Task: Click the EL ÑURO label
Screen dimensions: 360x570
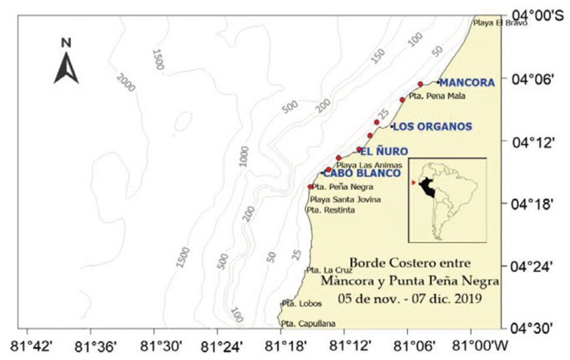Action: pyautogui.click(x=386, y=150)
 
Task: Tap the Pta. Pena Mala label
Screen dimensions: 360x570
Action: pyautogui.click(x=438, y=96)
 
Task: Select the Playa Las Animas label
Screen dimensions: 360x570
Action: pyautogui.click(x=369, y=165)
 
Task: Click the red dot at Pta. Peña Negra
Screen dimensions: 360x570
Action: pyautogui.click(x=311, y=186)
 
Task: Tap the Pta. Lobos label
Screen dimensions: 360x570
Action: pyautogui.click(x=297, y=303)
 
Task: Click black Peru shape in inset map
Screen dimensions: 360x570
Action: pyautogui.click(x=430, y=186)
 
